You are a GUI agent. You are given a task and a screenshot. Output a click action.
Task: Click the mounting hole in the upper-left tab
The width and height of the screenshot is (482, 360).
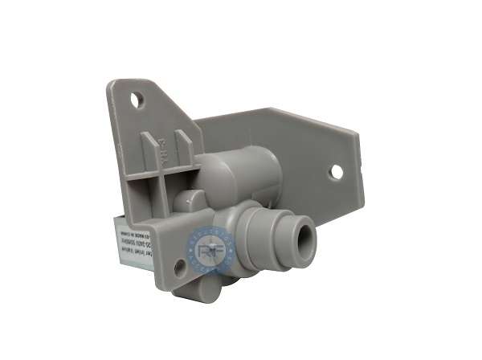pos(138,100)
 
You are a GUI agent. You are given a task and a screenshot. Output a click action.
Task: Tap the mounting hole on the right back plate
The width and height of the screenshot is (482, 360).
pos(336,171)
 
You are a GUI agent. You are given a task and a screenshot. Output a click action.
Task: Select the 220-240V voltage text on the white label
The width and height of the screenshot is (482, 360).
pos(129,236)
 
